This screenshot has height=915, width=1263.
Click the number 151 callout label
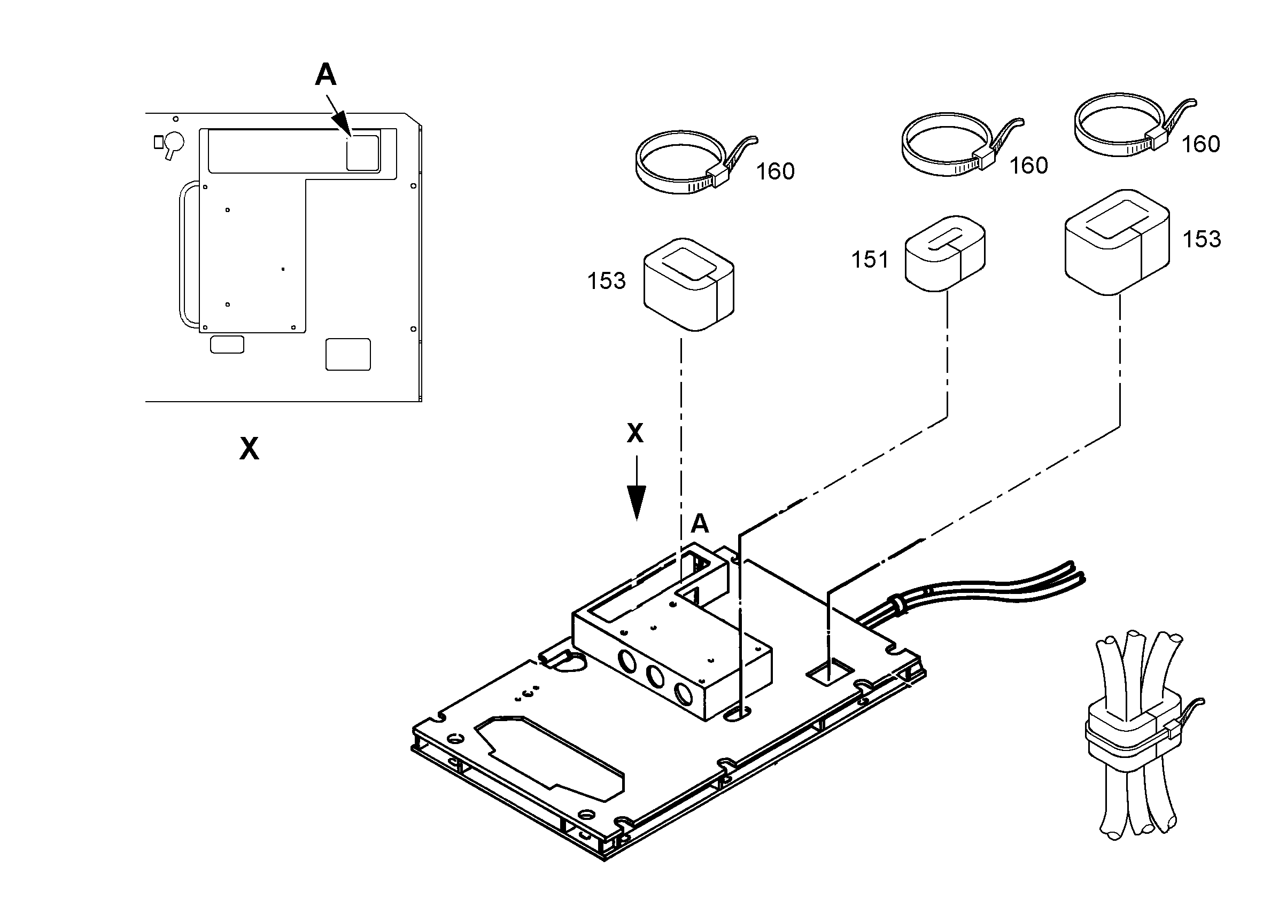870,260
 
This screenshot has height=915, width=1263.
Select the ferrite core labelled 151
945,253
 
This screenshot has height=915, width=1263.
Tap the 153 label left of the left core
607,281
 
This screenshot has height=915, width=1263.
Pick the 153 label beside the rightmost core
1202,239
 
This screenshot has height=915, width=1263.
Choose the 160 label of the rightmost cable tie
1200,144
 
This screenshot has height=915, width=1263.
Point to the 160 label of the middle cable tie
1028,165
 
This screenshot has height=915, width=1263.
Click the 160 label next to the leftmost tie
775,171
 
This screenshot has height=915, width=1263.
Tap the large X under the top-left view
249,448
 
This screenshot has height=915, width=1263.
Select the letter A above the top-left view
326,74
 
